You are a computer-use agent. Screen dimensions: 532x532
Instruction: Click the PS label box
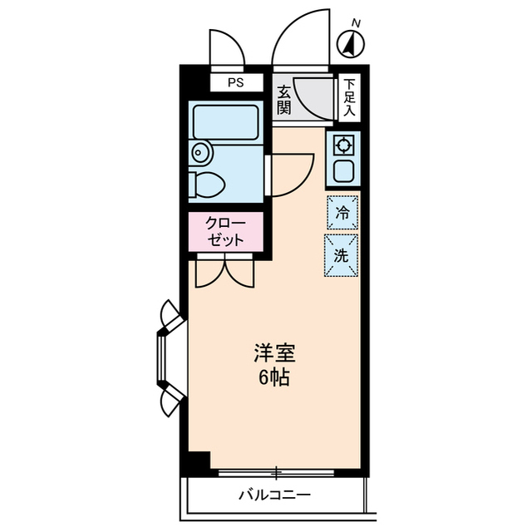pos(236,82)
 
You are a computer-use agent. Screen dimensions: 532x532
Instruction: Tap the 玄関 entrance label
pos(283,101)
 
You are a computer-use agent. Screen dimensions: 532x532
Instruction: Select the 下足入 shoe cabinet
pos(349,98)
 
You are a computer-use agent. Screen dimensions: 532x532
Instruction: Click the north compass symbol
pos(351,43)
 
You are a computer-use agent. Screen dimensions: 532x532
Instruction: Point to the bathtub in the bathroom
pos(225,122)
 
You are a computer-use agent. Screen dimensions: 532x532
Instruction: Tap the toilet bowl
pos(207,185)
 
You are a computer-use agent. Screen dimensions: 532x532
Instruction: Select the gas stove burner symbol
pos(343,145)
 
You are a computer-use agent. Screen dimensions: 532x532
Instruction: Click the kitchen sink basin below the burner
pos(343,171)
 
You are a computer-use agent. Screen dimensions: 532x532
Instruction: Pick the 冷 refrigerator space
pos(342,213)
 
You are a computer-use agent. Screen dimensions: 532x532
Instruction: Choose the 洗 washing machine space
pos(342,255)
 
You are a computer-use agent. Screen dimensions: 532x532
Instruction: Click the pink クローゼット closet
pos(226,232)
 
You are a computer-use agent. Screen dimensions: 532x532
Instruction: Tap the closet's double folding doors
pos(225,271)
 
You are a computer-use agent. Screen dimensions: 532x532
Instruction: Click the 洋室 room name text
pos(275,353)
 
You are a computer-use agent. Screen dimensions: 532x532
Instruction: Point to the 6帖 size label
pos(274,378)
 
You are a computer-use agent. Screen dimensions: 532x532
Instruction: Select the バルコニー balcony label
pos(275,495)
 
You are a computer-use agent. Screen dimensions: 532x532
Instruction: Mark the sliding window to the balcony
pos(276,473)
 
